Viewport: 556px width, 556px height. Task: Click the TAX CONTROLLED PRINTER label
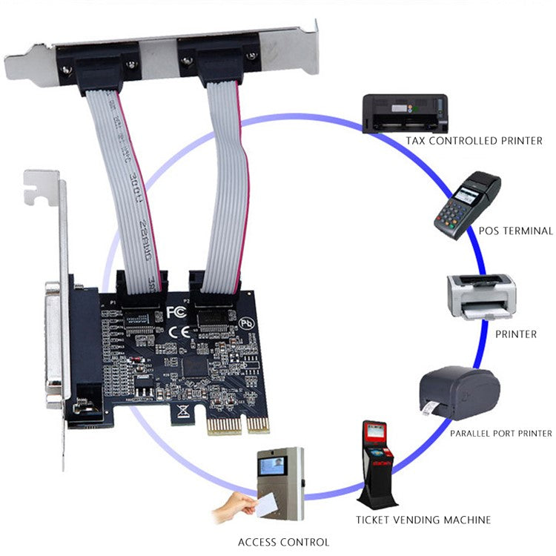tap(474, 140)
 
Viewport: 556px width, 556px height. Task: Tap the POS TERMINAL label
tap(511, 231)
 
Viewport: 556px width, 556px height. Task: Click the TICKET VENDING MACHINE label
tap(423, 520)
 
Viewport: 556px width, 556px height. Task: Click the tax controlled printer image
tap(405, 113)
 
